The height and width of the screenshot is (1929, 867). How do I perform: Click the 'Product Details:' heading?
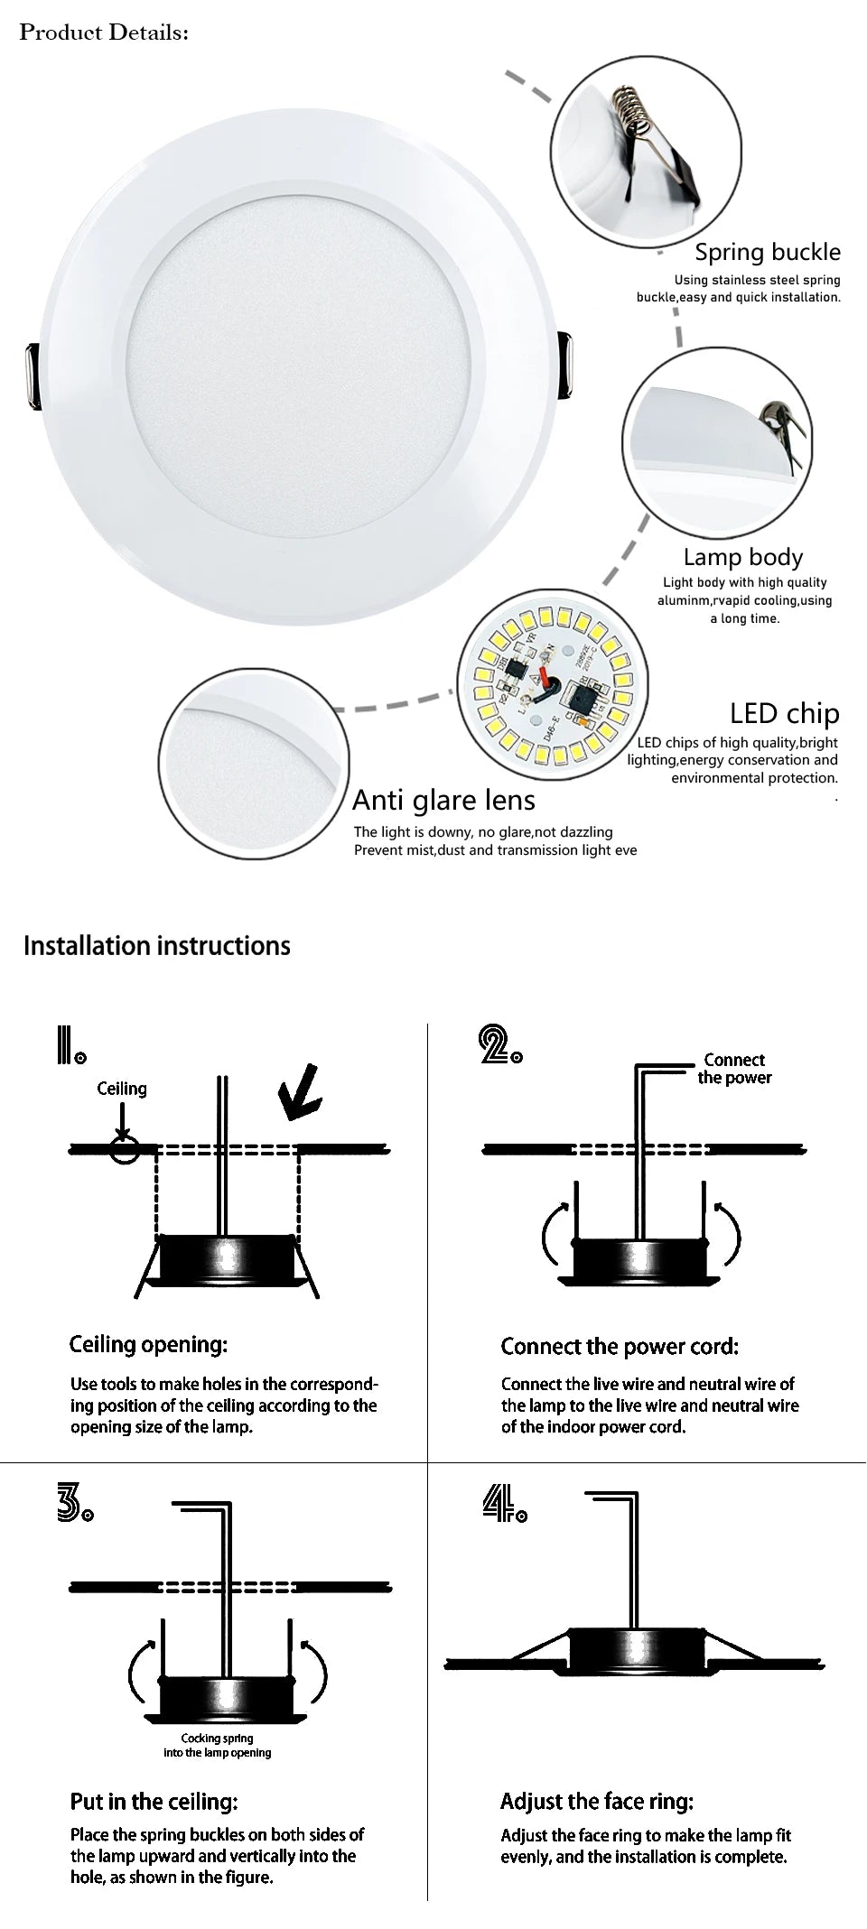coord(105,32)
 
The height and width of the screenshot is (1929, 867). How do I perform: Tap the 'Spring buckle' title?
coord(767,252)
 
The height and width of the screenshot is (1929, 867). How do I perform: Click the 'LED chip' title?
coord(784,713)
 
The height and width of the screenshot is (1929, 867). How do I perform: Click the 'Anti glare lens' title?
coord(443,800)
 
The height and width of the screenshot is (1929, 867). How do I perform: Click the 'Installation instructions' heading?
coord(157,945)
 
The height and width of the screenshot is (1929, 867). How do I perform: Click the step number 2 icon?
coord(499,1045)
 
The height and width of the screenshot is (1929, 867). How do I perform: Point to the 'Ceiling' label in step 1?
coord(122,1089)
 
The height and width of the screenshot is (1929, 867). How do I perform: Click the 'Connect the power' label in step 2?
coord(734,1069)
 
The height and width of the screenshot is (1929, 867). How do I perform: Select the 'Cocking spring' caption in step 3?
coord(217,1745)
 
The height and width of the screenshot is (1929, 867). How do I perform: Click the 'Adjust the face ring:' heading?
coord(597,1802)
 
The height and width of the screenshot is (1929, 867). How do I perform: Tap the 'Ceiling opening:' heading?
coord(148,1344)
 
